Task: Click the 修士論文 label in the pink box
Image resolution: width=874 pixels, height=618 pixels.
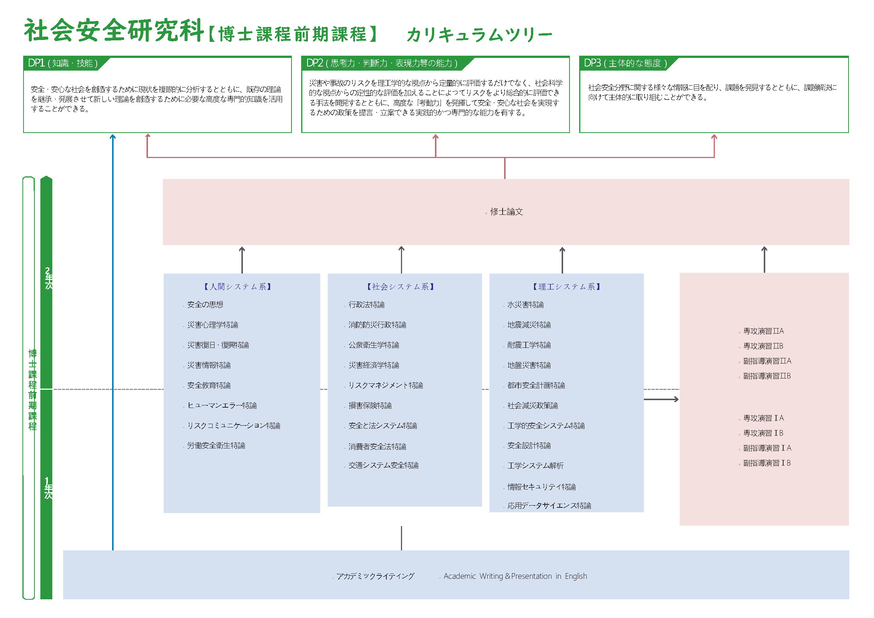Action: click(x=506, y=211)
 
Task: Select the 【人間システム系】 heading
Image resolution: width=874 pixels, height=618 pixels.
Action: click(x=238, y=287)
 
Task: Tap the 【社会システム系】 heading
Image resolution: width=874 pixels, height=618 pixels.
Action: click(x=401, y=287)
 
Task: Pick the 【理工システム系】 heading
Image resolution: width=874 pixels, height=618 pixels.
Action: click(x=566, y=287)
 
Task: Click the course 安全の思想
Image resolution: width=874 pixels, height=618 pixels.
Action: click(x=205, y=305)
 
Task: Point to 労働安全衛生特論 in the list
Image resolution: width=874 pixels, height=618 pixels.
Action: click(x=216, y=445)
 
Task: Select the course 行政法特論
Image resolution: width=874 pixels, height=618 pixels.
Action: click(x=366, y=305)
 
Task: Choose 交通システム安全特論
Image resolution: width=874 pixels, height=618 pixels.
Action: click(x=383, y=465)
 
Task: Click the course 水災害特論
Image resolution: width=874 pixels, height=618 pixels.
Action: click(x=525, y=305)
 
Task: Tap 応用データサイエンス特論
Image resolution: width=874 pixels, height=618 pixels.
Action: click(x=549, y=506)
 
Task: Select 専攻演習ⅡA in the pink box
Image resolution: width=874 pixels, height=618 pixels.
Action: click(x=763, y=331)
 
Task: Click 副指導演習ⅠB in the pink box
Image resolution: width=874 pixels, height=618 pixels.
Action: click(x=767, y=463)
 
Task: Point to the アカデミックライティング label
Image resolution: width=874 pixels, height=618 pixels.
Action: click(x=375, y=576)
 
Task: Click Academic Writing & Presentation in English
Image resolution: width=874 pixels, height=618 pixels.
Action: click(x=515, y=576)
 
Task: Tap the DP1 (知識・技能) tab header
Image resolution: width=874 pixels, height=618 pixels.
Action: click(x=63, y=63)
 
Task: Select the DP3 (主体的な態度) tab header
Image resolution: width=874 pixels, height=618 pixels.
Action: click(x=626, y=63)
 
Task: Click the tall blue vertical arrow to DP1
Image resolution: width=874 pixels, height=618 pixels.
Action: click(x=113, y=343)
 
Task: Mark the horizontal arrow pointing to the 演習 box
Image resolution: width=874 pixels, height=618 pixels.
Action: click(x=661, y=399)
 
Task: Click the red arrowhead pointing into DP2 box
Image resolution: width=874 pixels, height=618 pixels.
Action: click(x=435, y=137)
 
